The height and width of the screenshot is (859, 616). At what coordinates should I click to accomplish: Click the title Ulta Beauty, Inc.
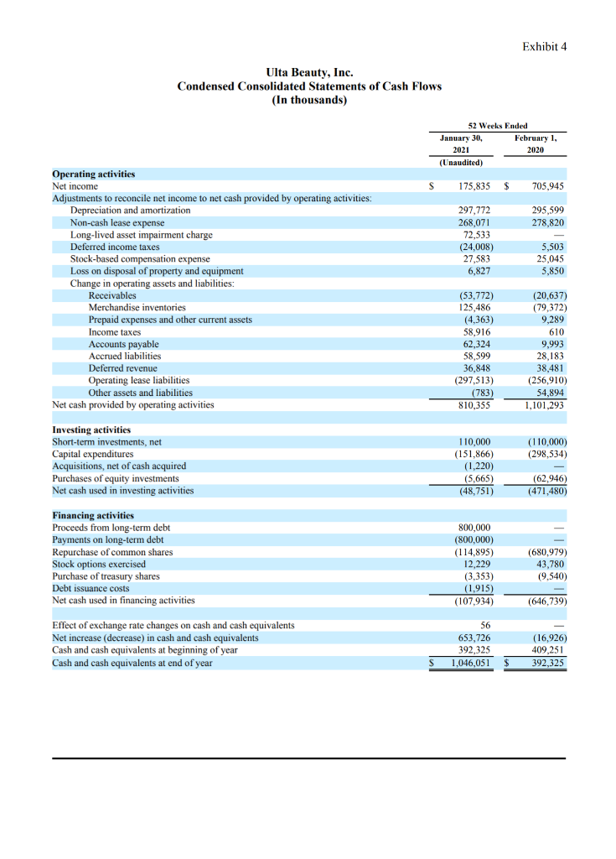[x=308, y=73]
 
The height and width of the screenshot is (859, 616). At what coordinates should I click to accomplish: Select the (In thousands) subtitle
[x=308, y=100]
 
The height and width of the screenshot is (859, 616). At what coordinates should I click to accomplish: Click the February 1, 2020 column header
[x=536, y=143]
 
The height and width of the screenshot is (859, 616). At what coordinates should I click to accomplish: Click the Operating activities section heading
[x=94, y=174]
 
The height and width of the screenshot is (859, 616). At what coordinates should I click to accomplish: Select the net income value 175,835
[x=475, y=186]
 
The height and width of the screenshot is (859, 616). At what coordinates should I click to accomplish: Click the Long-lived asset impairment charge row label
[x=142, y=235]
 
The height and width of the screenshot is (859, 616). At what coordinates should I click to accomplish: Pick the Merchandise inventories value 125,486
[x=475, y=308]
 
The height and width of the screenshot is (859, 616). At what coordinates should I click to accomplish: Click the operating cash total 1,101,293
[x=545, y=405]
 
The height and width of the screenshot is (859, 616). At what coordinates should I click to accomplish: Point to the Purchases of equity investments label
[x=116, y=478]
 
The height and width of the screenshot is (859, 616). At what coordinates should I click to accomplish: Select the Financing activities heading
[x=93, y=515]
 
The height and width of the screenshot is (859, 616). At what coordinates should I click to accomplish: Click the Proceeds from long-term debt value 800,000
[x=475, y=528]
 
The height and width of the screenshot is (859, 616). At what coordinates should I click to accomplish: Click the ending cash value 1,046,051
[x=472, y=663]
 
